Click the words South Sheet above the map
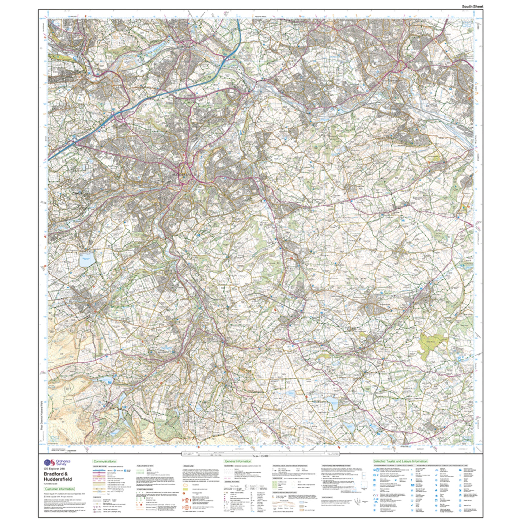pyautogui.click(x=472, y=6)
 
